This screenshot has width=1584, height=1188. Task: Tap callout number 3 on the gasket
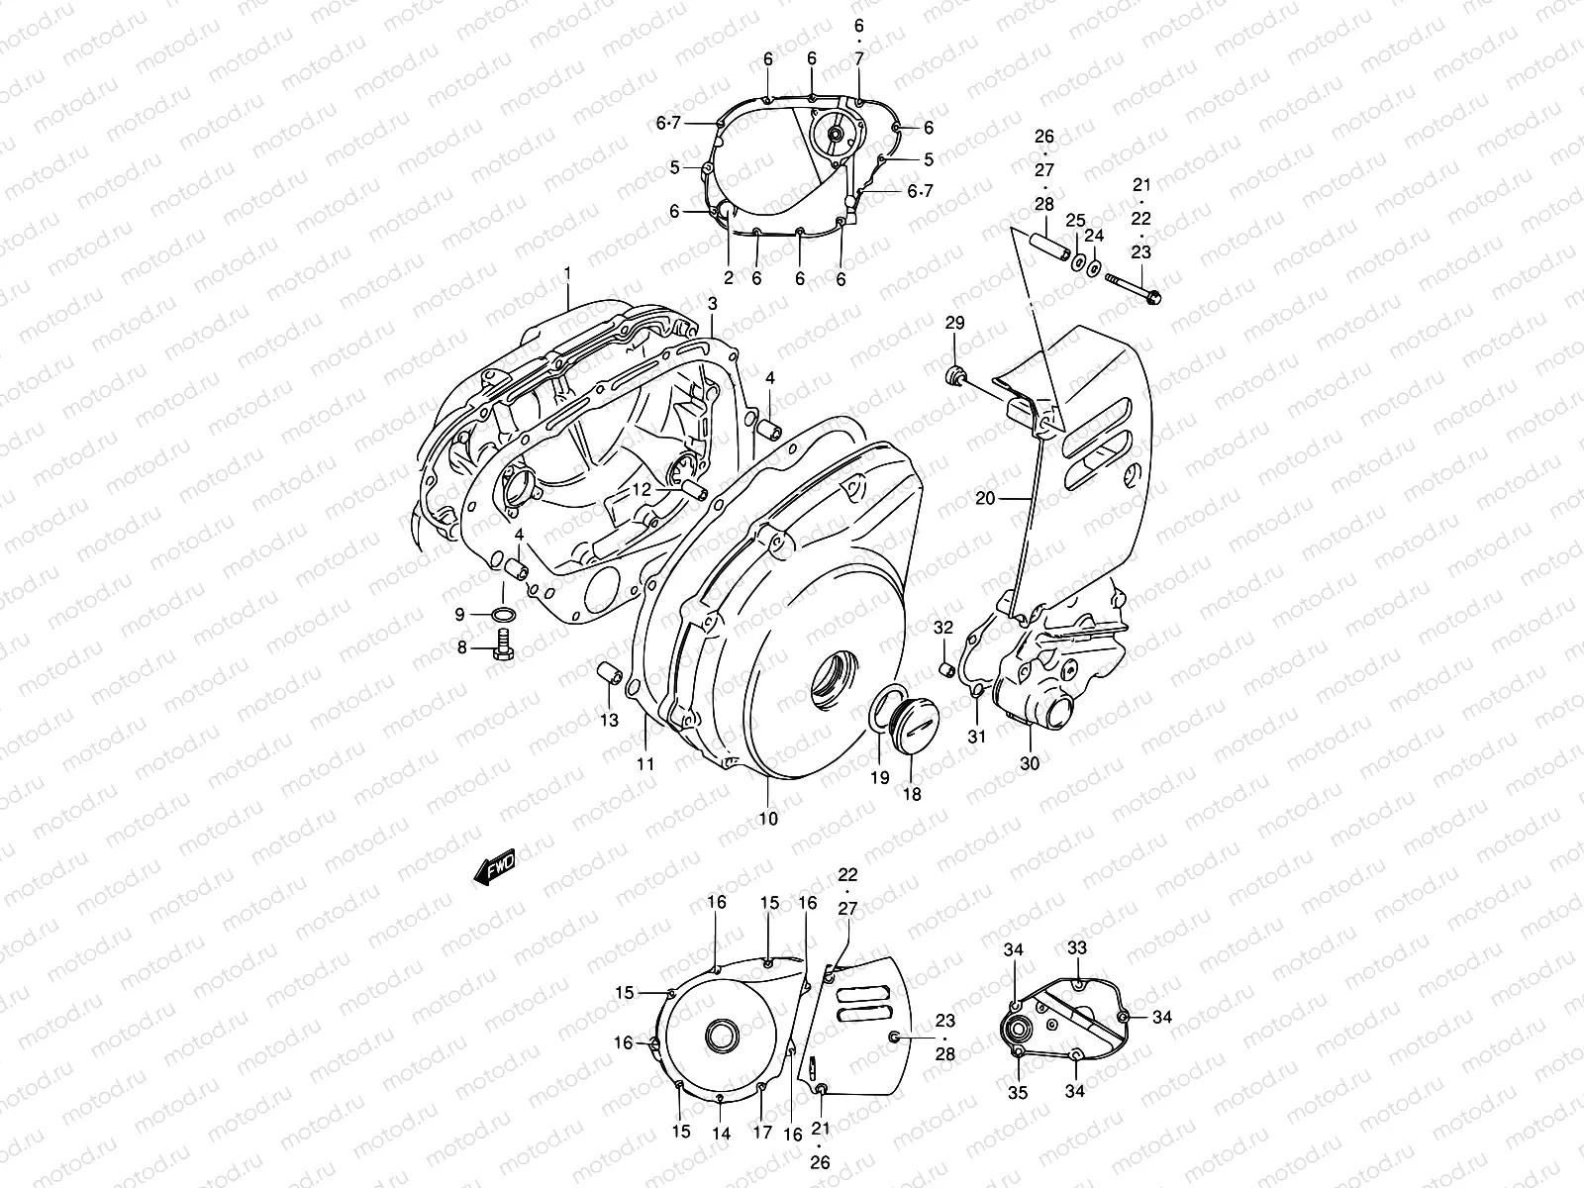(712, 301)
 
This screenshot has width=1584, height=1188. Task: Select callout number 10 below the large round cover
(768, 819)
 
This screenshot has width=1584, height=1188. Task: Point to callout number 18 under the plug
(912, 794)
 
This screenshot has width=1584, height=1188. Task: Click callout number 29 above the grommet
(954, 323)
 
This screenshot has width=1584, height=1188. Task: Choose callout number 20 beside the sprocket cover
(985, 499)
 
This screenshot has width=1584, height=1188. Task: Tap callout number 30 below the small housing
(1030, 763)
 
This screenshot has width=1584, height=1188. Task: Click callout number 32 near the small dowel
(942, 628)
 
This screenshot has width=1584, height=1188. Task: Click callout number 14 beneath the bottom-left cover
(721, 1135)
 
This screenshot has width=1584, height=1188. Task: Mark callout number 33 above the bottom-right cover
(1076, 947)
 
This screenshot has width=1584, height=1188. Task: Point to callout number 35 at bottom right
(1018, 1093)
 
